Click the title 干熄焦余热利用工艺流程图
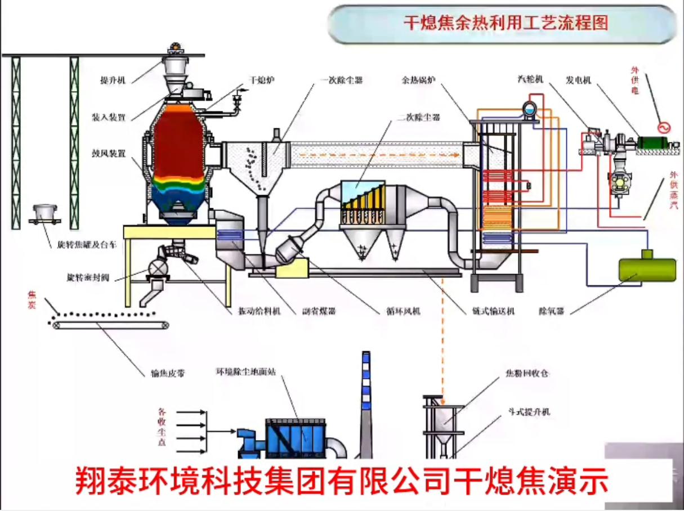506,23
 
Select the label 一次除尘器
342,80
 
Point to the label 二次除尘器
417,118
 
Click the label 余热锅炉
418,80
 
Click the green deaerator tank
647,269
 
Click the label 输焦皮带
168,373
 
